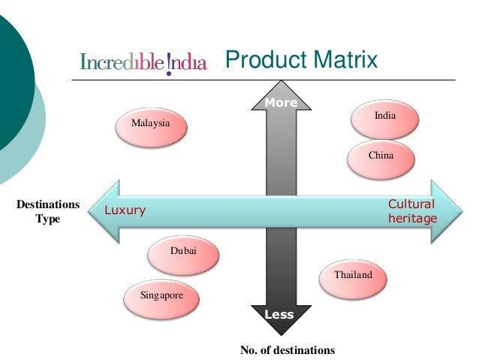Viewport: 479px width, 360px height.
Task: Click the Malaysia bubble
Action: pyautogui.click(x=150, y=123)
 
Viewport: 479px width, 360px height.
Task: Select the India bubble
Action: pyautogui.click(x=385, y=116)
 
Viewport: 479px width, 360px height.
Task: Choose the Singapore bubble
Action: pyautogui.click(x=161, y=296)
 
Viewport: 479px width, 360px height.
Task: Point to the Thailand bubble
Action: pyautogui.click(x=353, y=276)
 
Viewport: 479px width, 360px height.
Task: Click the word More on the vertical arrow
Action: pyautogui.click(x=280, y=103)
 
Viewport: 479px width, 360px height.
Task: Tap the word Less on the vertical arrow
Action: pyautogui.click(x=279, y=315)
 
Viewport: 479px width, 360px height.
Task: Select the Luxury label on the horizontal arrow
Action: pyautogui.click(x=125, y=210)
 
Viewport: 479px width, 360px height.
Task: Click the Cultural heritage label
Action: pyautogui.click(x=411, y=211)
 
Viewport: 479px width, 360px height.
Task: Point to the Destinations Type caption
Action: pyautogui.click(x=48, y=211)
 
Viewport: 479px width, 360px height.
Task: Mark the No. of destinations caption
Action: pyautogui.click(x=288, y=349)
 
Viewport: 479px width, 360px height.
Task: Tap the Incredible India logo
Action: pyautogui.click(x=143, y=61)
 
